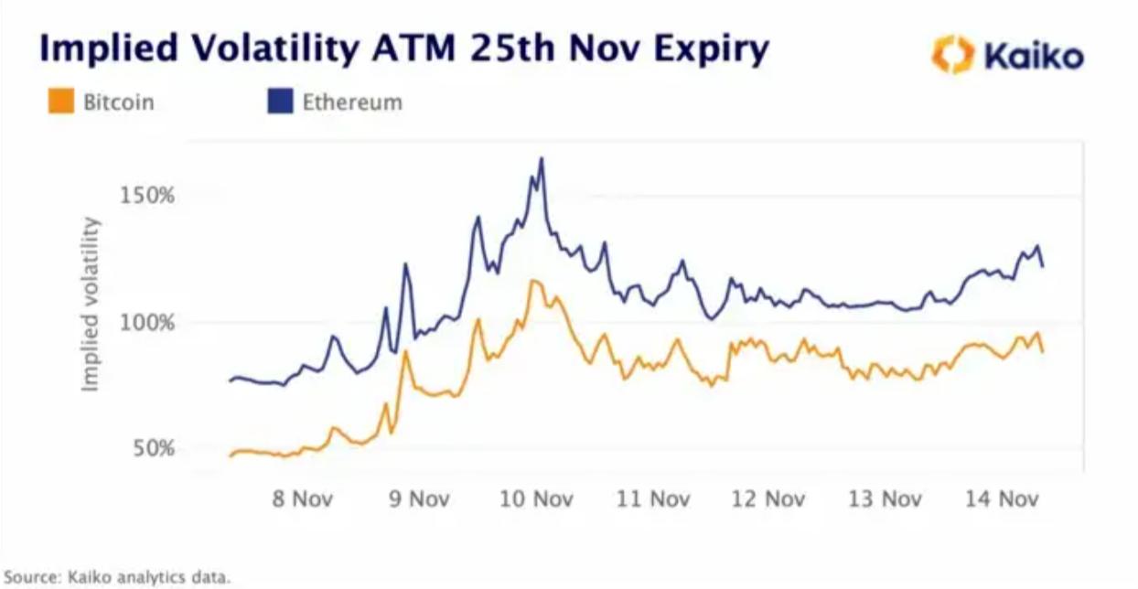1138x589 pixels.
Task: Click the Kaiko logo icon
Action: click(x=953, y=55)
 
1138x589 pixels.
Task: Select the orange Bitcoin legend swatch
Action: click(x=60, y=102)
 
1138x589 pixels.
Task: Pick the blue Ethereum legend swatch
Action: click(x=279, y=102)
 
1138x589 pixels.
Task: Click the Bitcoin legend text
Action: click(x=118, y=102)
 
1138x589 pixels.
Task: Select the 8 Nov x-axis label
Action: click(x=302, y=499)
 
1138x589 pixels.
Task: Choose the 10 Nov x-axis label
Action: click(x=537, y=499)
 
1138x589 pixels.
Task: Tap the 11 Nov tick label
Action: click(x=654, y=499)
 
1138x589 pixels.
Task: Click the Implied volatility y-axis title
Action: click(x=90, y=305)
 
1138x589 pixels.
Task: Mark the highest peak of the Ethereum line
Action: click(x=542, y=158)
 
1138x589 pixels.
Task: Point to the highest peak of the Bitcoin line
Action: click(x=532, y=281)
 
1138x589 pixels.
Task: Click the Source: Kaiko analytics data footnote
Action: click(x=116, y=577)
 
